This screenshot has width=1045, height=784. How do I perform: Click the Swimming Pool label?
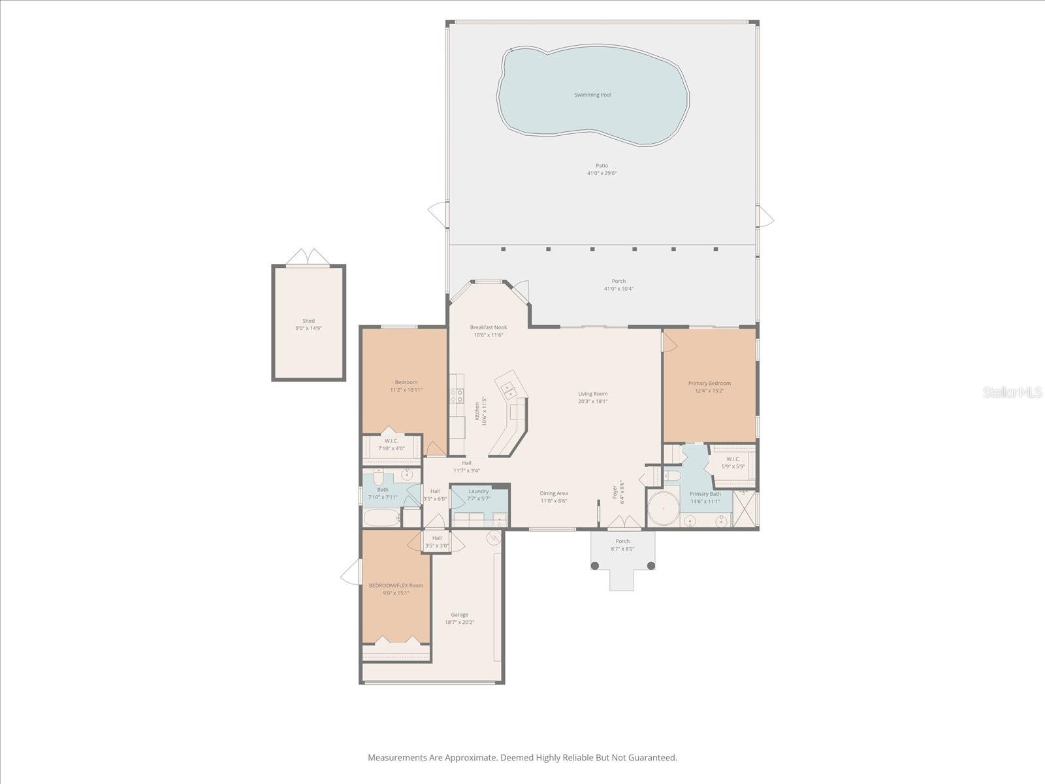point(592,95)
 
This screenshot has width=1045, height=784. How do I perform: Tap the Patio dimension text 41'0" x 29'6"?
point(602,174)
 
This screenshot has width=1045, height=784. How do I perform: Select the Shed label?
point(308,321)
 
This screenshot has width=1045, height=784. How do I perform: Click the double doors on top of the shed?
point(308,257)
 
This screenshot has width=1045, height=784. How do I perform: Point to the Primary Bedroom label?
point(709,384)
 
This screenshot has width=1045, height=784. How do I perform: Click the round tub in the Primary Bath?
point(664,510)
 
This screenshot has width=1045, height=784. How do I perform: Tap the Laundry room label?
point(479,491)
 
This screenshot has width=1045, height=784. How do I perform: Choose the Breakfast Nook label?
point(489,327)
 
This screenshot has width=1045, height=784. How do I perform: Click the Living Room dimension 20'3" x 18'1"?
point(592,402)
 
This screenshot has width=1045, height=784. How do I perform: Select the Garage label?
point(459,615)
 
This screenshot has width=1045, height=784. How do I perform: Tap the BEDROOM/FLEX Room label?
point(396,585)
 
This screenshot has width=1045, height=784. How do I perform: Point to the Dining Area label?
point(553,493)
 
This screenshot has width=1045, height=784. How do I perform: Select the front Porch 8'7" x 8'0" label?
point(622,541)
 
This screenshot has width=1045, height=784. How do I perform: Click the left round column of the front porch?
point(595,565)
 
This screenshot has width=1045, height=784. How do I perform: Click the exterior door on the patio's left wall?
point(439,212)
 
